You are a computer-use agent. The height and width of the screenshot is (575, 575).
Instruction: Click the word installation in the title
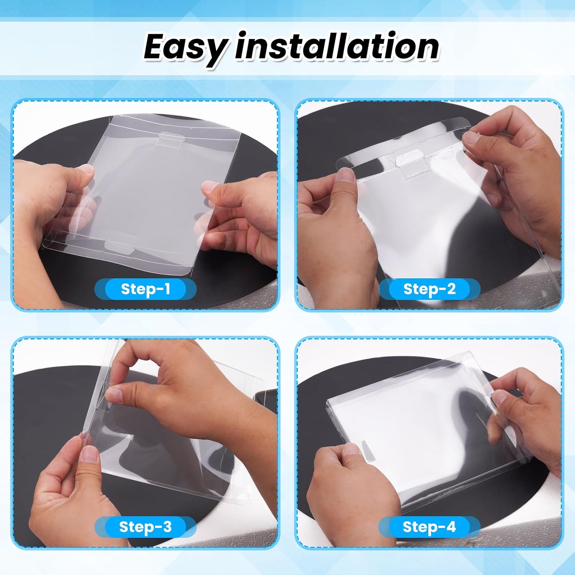[x=337, y=46]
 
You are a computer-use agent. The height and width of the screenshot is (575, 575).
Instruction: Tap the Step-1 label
[x=145, y=289]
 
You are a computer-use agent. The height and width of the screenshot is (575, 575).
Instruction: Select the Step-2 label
[x=429, y=289]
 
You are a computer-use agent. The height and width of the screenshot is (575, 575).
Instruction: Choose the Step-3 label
[x=145, y=527]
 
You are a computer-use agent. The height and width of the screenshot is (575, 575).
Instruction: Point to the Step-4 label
[x=429, y=527]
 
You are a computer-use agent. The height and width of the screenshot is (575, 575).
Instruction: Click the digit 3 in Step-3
[x=167, y=527]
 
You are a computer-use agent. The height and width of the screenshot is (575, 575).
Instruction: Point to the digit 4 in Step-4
[x=451, y=527]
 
